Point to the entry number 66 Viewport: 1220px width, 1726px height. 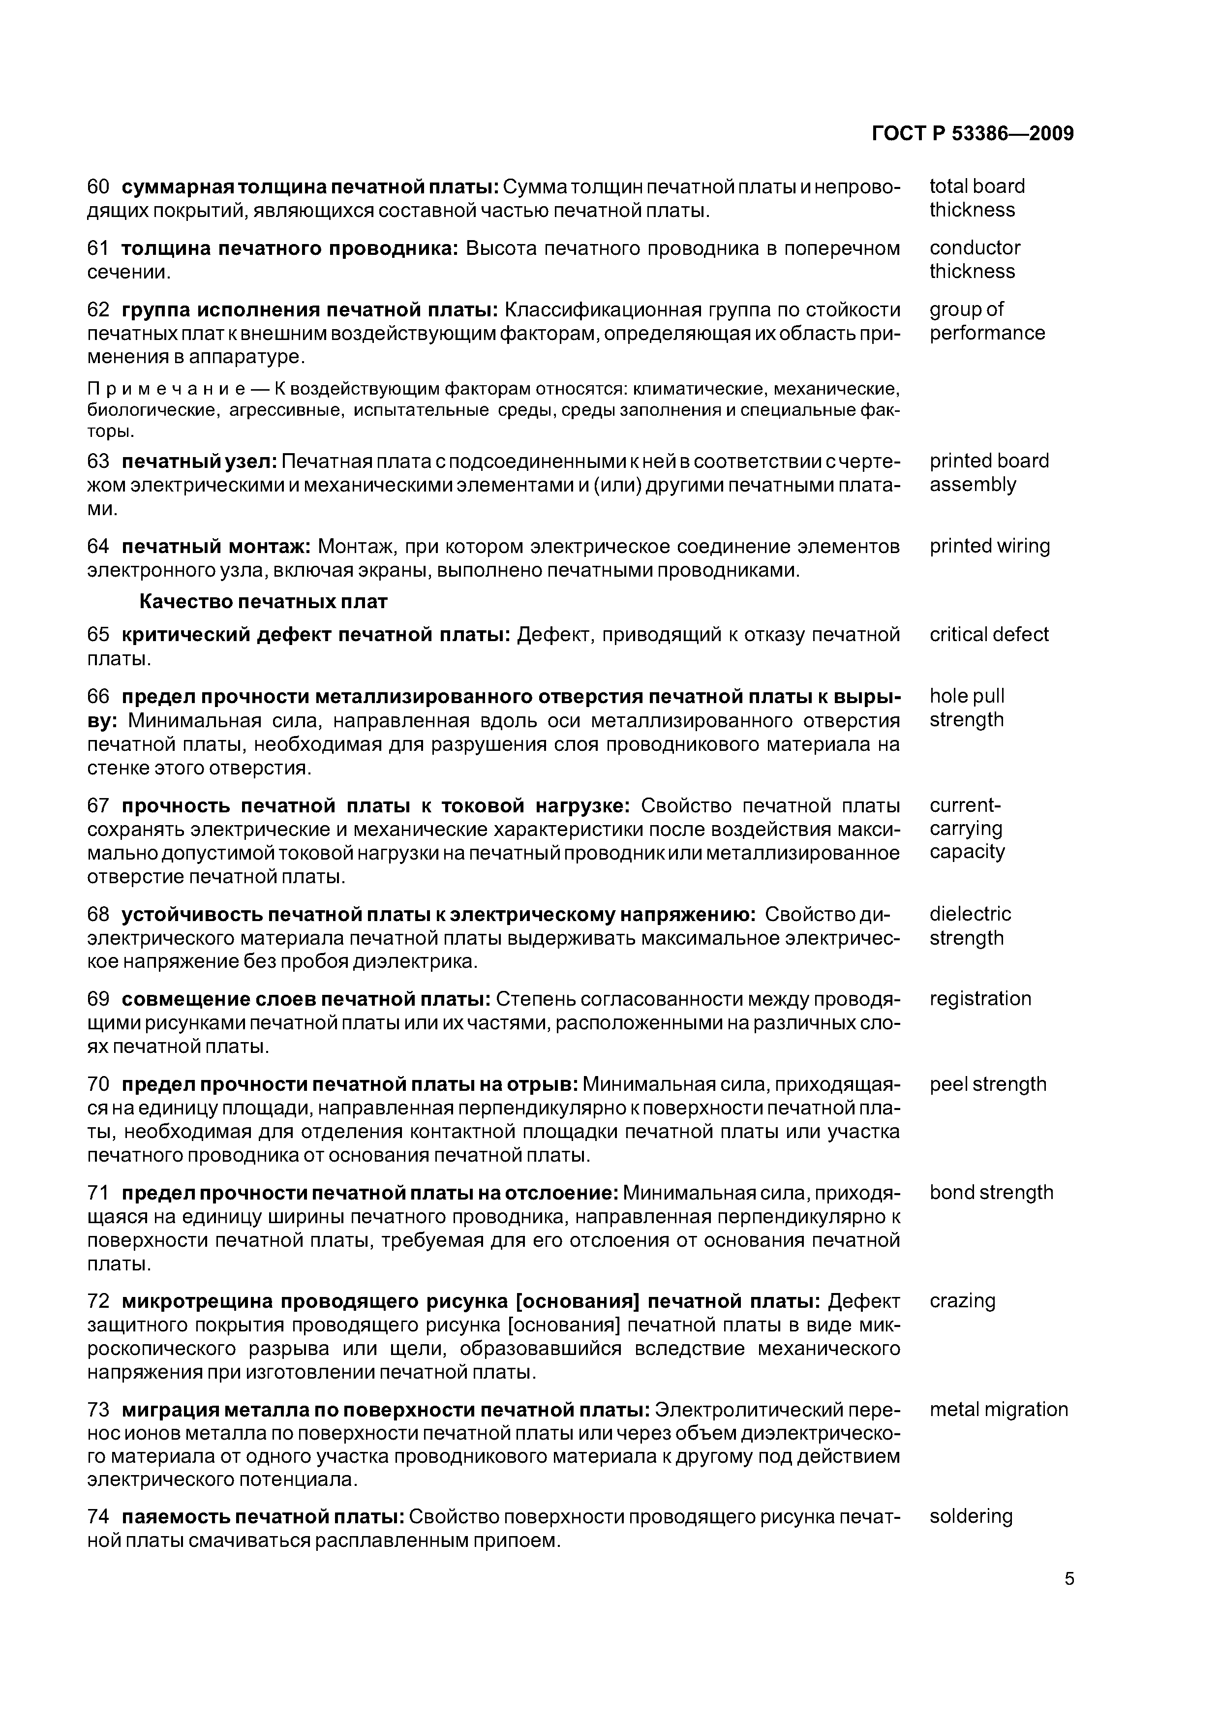[x=98, y=697]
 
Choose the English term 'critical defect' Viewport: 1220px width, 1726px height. [x=988, y=635]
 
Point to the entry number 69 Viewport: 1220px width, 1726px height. [x=98, y=999]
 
